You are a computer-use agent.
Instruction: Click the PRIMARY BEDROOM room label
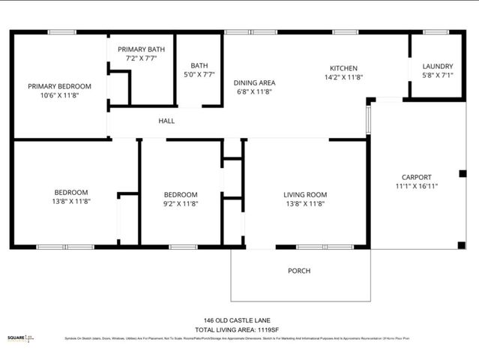60,86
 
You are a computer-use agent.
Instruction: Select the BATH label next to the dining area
199,65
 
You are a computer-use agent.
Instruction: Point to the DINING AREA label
255,82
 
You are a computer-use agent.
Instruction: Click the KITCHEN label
344,68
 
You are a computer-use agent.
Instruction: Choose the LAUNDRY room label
438,66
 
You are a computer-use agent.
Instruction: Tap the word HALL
166,121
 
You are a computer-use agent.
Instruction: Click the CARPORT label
417,178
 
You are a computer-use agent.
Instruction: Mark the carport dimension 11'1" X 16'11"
417,187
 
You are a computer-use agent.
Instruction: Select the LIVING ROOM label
305,195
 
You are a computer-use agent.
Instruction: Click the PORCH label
299,271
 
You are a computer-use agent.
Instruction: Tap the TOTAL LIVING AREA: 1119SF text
237,329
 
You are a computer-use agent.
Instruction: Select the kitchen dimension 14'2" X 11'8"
344,77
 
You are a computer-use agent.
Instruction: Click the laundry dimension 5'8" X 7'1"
438,75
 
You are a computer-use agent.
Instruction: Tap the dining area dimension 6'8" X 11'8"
255,91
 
